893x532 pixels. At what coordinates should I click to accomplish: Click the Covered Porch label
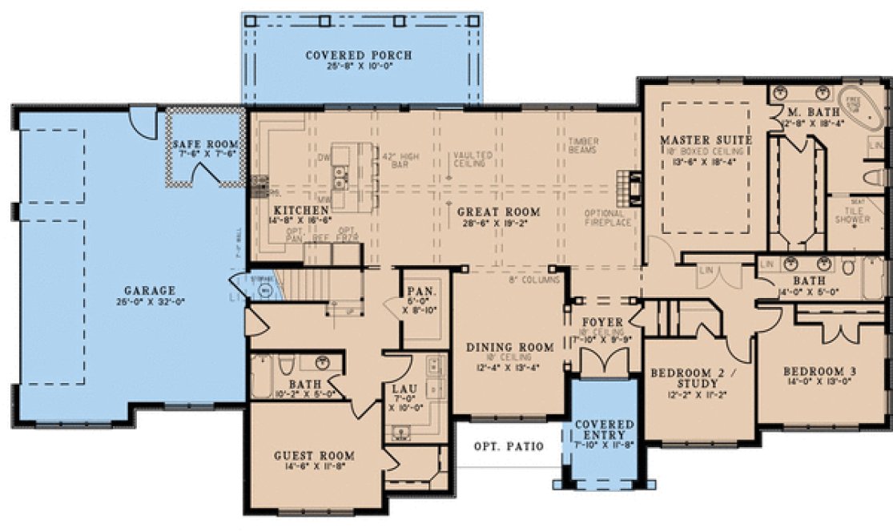tap(359, 55)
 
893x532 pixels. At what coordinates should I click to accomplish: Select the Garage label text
tap(150, 290)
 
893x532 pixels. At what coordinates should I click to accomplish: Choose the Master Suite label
tap(706, 140)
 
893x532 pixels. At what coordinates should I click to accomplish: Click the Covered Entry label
tap(605, 429)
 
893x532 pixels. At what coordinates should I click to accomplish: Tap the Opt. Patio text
tap(508, 445)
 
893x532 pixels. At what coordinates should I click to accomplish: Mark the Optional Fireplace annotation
tap(608, 217)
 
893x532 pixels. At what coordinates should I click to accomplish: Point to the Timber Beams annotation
tap(584, 144)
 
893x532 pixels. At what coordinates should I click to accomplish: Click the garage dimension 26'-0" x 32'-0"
tap(150, 302)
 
